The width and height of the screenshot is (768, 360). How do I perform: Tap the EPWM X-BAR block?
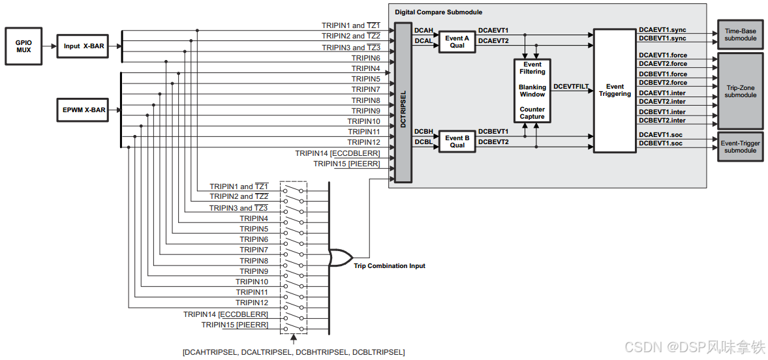[84, 110]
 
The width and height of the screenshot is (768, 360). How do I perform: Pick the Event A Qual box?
[457, 42]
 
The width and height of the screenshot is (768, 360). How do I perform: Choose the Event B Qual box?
[457, 142]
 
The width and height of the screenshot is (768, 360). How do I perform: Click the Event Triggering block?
[615, 91]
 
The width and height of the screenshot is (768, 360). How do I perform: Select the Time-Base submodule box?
[740, 34]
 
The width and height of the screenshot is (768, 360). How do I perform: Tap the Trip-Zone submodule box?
[740, 91]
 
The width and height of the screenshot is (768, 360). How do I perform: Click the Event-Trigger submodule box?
[740, 146]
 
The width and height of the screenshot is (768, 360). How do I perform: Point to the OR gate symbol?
[339, 258]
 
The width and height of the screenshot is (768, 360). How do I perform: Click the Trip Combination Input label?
[390, 266]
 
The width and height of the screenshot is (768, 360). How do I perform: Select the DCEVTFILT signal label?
[571, 86]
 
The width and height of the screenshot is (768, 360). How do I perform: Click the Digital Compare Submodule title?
[438, 12]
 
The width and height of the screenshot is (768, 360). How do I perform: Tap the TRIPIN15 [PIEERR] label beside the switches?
[234, 325]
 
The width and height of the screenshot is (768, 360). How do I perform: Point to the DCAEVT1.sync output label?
[662, 30]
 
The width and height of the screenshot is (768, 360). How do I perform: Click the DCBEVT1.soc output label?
[660, 143]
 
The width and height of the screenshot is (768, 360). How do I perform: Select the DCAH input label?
[423, 30]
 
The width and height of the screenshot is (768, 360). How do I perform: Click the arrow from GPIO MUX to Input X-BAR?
[50, 46]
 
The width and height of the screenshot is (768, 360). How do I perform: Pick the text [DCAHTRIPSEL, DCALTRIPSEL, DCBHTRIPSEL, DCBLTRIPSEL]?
[294, 352]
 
